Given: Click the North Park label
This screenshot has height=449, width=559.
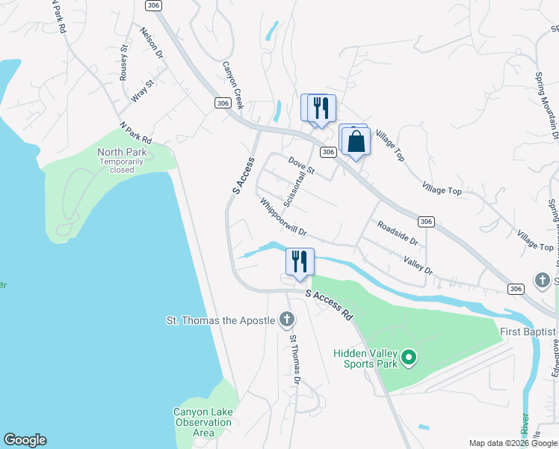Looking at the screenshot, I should point(122,153).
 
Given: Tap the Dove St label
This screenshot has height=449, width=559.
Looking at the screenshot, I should point(302,166).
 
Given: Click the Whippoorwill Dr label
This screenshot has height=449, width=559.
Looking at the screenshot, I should point(284,217).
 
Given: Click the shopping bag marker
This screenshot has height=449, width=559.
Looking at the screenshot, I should point(357,141).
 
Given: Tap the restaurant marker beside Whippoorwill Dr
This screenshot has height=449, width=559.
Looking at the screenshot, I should point(300,262).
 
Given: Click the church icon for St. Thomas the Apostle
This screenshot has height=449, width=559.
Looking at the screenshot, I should point(286,321).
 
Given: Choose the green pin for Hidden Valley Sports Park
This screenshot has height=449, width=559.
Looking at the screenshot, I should point(409,358).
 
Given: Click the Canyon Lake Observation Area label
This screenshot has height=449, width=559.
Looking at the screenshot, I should point(203,422).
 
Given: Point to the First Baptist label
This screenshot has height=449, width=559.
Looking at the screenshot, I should point(528,332).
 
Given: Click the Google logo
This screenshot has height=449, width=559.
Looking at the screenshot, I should point(25,440).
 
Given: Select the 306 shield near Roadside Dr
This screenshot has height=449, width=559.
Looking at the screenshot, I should point(425,222).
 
